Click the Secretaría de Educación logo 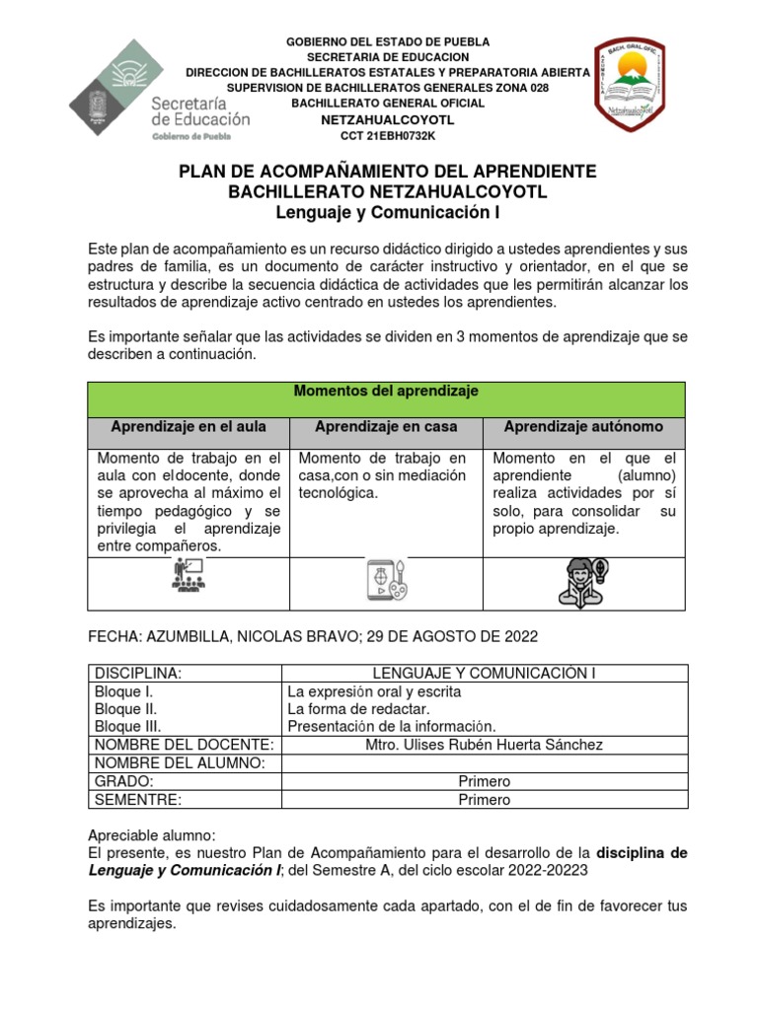160,90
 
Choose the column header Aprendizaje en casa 386,427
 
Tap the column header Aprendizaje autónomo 584,427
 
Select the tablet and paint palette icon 386,581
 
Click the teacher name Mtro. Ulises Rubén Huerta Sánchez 484,745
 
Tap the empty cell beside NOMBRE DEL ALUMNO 484,762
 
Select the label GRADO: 118,781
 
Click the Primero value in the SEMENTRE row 484,800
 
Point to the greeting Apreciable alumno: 151,833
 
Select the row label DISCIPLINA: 137,673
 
